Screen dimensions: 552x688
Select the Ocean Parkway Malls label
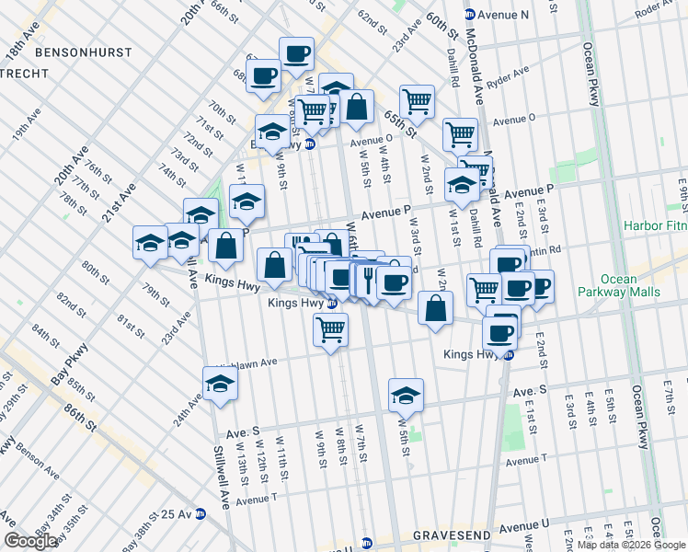[630, 285]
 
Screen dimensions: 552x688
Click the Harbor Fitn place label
[655, 224]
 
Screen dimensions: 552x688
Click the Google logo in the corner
[30, 541]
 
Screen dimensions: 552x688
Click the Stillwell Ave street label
[222, 482]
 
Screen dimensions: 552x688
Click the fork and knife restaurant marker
[369, 279]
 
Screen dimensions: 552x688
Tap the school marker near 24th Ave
[221, 383]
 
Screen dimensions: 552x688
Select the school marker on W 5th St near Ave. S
[406, 396]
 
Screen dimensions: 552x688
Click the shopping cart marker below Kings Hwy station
[330, 328]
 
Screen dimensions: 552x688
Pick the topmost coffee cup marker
[296, 53]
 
